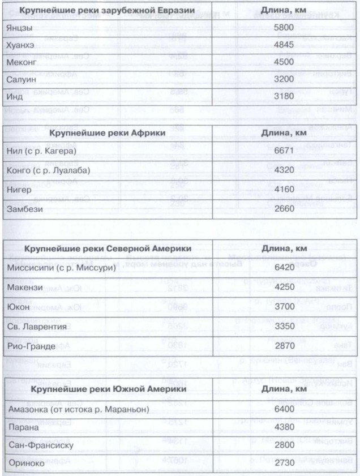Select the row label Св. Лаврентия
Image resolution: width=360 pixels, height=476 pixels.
click(x=38, y=326)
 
